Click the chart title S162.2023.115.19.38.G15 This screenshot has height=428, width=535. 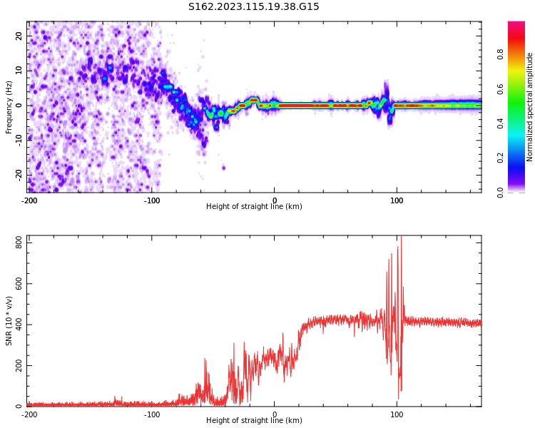(254, 7)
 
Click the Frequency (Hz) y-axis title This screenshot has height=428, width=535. (9, 107)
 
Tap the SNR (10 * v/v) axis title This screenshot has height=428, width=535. (9, 321)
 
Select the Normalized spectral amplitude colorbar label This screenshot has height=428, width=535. (530, 107)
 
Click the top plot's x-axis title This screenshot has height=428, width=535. (254, 207)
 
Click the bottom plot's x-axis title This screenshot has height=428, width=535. (254, 421)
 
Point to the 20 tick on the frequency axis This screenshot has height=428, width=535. (19, 36)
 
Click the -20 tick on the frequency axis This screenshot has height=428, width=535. (18, 174)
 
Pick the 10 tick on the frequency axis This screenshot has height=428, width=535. (19, 71)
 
